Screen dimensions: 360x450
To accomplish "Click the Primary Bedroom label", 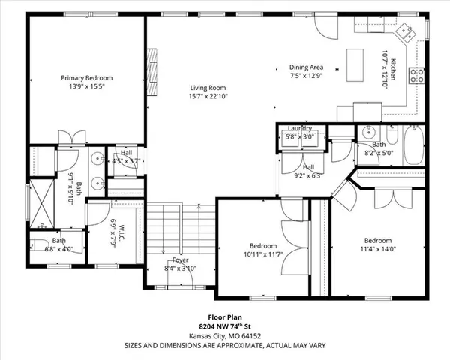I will [86, 77].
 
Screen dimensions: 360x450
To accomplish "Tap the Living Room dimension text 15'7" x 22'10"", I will [207, 95].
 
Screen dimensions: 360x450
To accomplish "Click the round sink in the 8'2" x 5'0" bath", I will [367, 133].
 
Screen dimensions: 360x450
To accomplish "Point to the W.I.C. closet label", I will [112, 226].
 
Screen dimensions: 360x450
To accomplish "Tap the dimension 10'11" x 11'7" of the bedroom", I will [263, 254].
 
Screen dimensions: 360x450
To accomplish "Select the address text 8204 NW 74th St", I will [224, 326].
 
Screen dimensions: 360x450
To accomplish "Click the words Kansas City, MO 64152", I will [224, 335].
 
